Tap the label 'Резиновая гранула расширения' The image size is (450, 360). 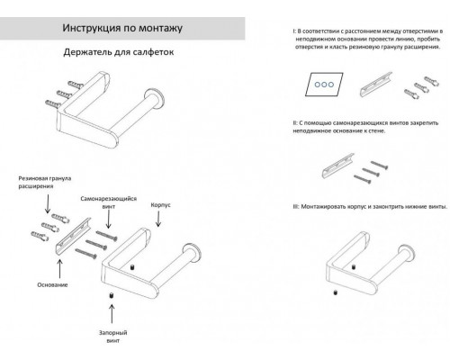(x=42, y=185)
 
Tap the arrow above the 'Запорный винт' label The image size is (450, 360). (x=112, y=313)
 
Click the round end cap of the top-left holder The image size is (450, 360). (x=158, y=100)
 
